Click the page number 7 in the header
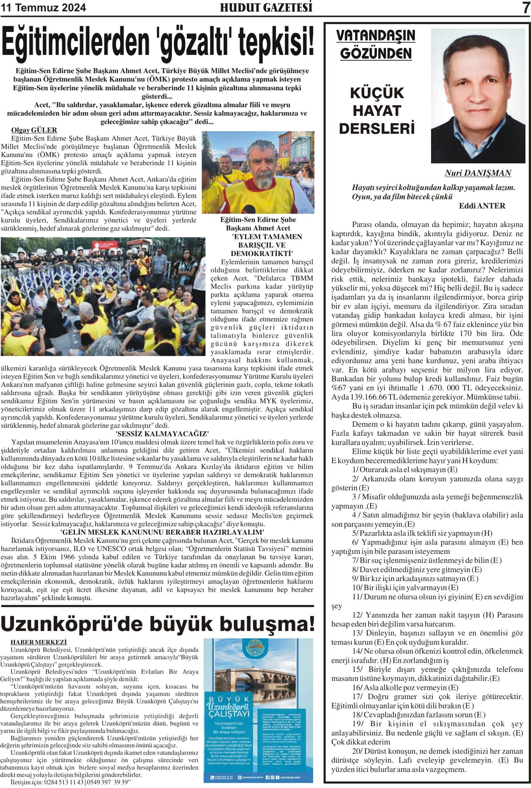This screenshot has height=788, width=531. (525, 7)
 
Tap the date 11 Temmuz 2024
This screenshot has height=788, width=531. (44, 7)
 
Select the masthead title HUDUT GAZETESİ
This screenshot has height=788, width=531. (266, 7)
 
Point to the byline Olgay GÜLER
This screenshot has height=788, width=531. (34, 130)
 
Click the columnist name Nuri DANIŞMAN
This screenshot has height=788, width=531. (478, 173)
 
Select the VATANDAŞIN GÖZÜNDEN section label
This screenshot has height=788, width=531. (376, 44)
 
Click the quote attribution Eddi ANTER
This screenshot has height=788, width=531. (482, 206)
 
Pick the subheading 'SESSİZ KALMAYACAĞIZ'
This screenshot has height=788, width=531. (162, 434)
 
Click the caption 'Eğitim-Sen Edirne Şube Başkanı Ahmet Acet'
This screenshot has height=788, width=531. (258, 223)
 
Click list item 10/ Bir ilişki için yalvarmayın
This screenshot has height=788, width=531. (405, 587)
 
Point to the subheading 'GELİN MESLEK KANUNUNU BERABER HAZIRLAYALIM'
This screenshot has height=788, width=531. (162, 532)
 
